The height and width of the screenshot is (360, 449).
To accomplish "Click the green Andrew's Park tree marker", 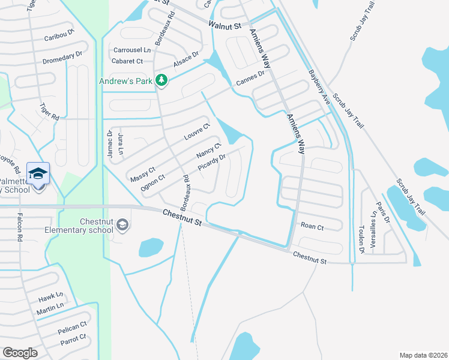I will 161,80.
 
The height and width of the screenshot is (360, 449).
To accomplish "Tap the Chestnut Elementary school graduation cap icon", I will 122,225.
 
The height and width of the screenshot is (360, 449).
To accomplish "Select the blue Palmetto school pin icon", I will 38,174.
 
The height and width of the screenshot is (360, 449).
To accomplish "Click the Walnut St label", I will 224,26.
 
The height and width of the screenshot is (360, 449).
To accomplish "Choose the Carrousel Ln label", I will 130,50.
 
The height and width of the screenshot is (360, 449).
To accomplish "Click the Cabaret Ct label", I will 127,61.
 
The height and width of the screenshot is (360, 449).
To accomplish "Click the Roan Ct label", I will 312,227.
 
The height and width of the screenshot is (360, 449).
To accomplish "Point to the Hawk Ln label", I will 50,296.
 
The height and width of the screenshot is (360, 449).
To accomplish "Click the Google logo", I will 20,353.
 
